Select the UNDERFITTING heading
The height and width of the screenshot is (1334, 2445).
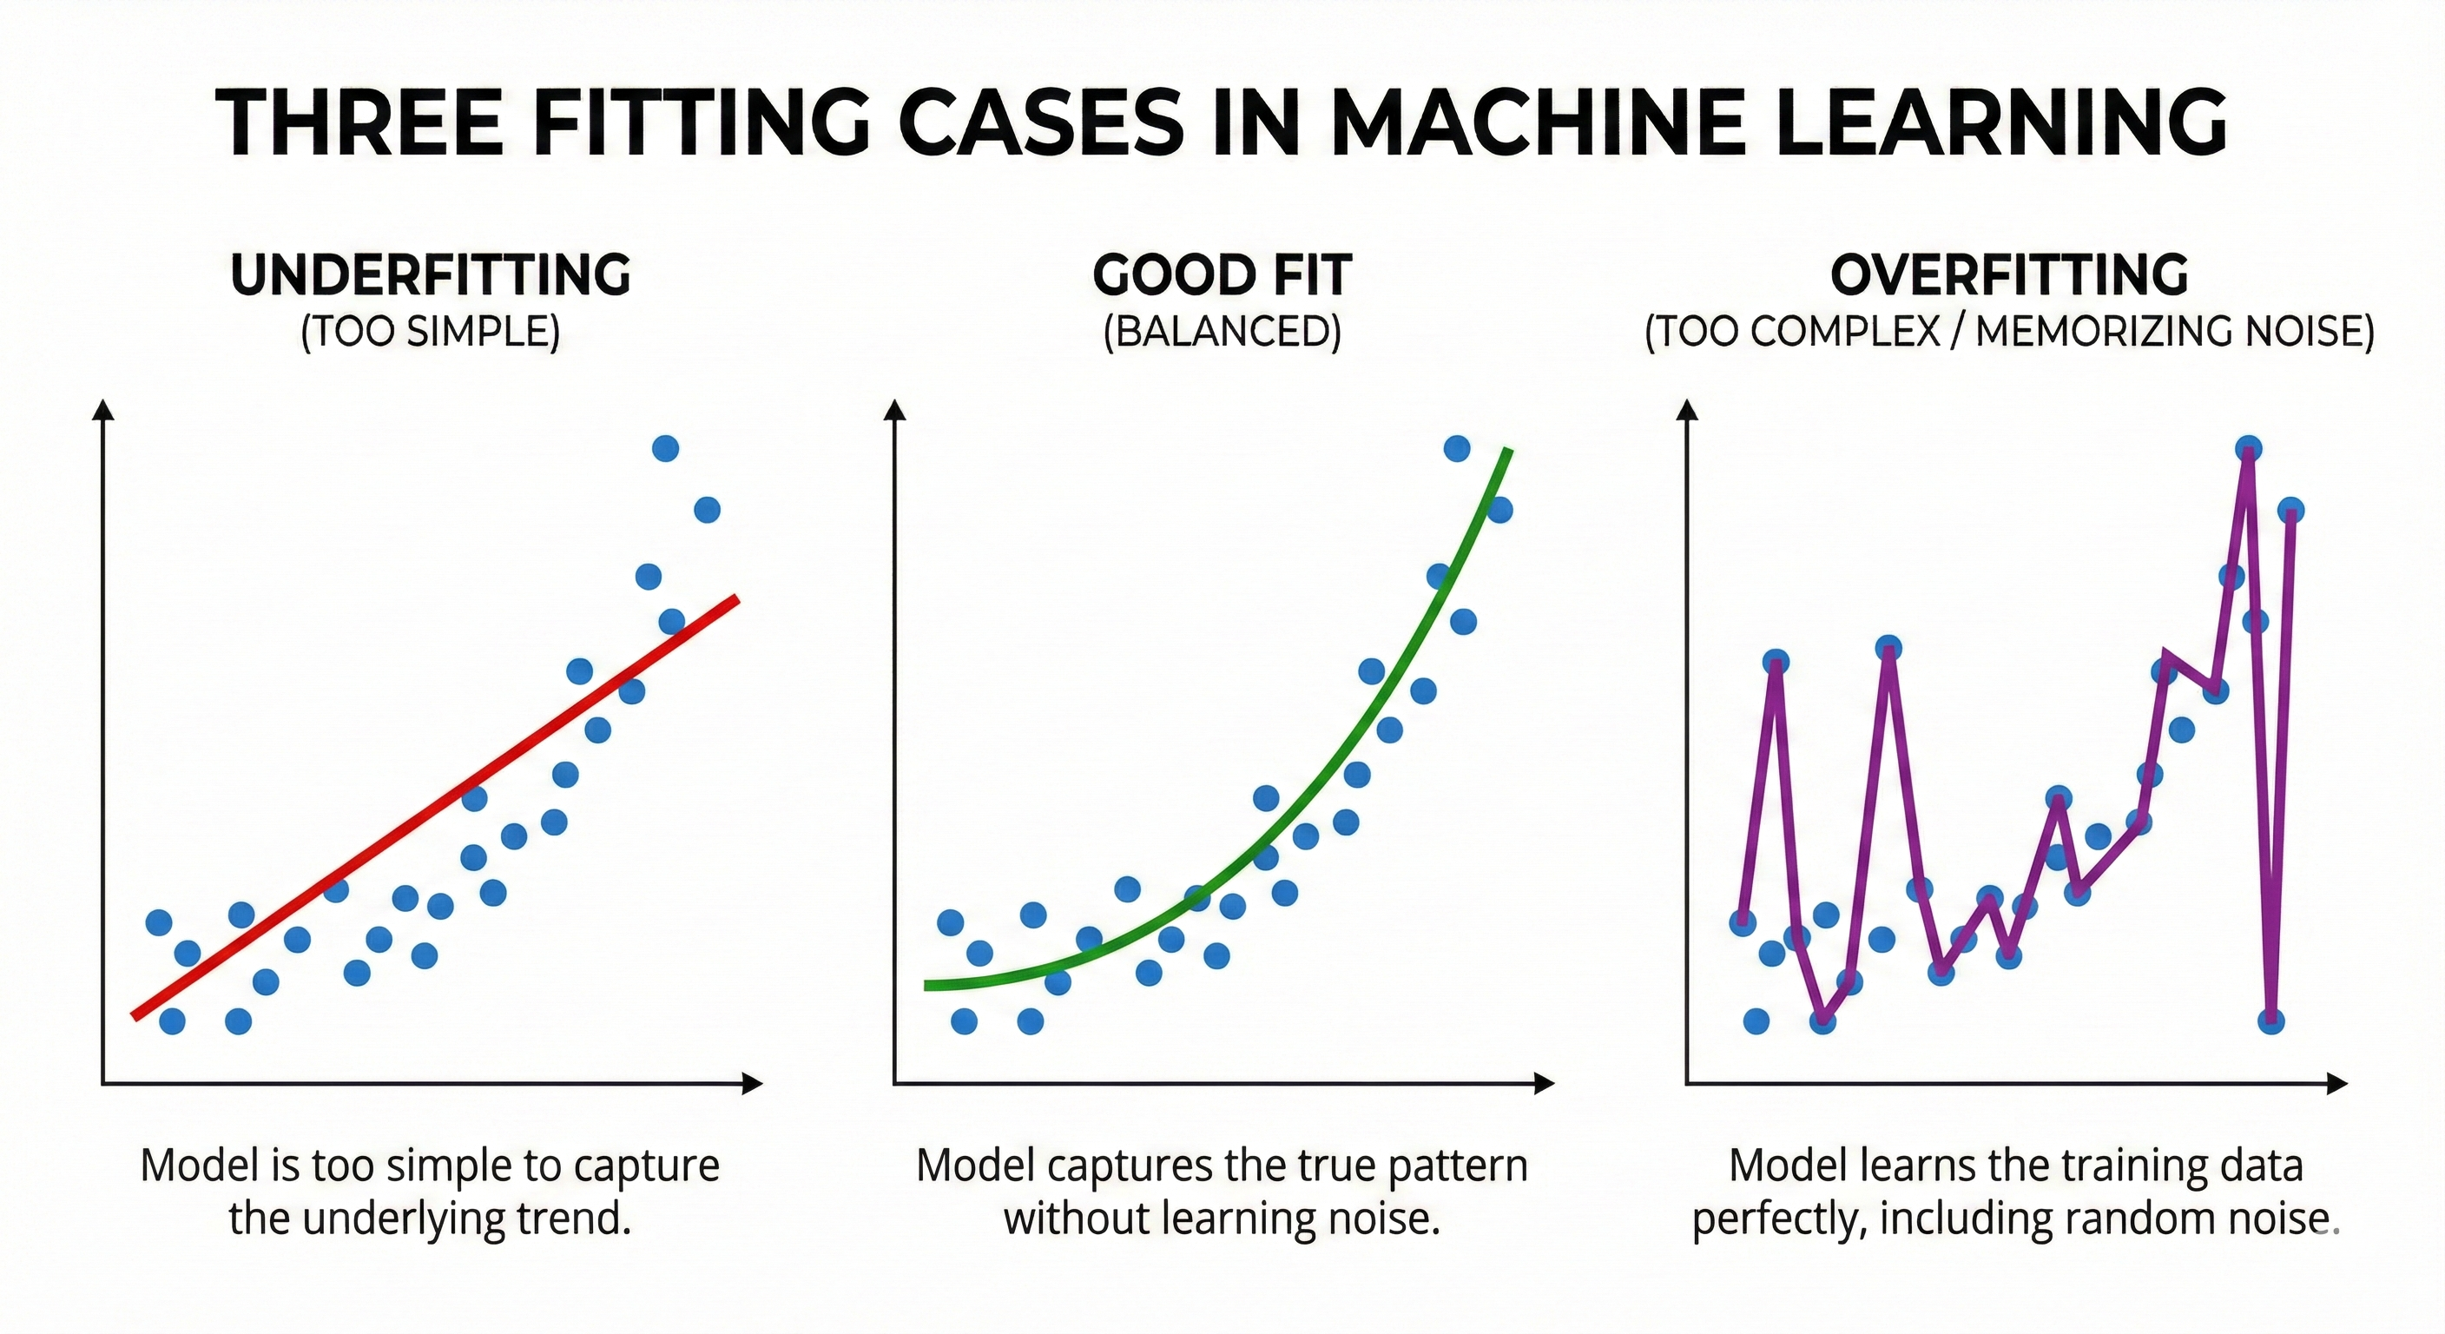[430, 275]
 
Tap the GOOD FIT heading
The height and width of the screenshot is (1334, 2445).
[1222, 275]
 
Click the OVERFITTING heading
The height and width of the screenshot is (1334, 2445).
[2008, 275]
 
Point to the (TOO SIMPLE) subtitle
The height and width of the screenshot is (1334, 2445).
[430, 332]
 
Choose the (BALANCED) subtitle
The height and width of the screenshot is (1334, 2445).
[1222, 332]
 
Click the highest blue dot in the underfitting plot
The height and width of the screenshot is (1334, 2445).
[665, 448]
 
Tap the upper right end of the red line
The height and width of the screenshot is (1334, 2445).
[735, 599]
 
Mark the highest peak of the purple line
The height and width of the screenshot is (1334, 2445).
[2248, 450]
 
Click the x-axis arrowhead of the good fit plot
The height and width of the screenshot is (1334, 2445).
[1545, 1083]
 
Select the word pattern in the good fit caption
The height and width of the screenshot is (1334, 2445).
[1458, 1166]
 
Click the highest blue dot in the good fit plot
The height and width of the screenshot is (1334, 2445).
[1457, 448]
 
